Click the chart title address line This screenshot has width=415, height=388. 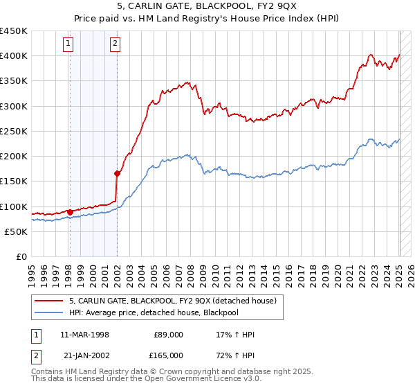(207, 7)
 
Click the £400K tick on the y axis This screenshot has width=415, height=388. (14, 56)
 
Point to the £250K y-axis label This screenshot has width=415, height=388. (14, 131)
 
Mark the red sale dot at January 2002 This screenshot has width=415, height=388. (117, 174)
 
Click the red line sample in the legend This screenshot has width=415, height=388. (50, 300)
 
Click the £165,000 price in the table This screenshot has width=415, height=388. (168, 355)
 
